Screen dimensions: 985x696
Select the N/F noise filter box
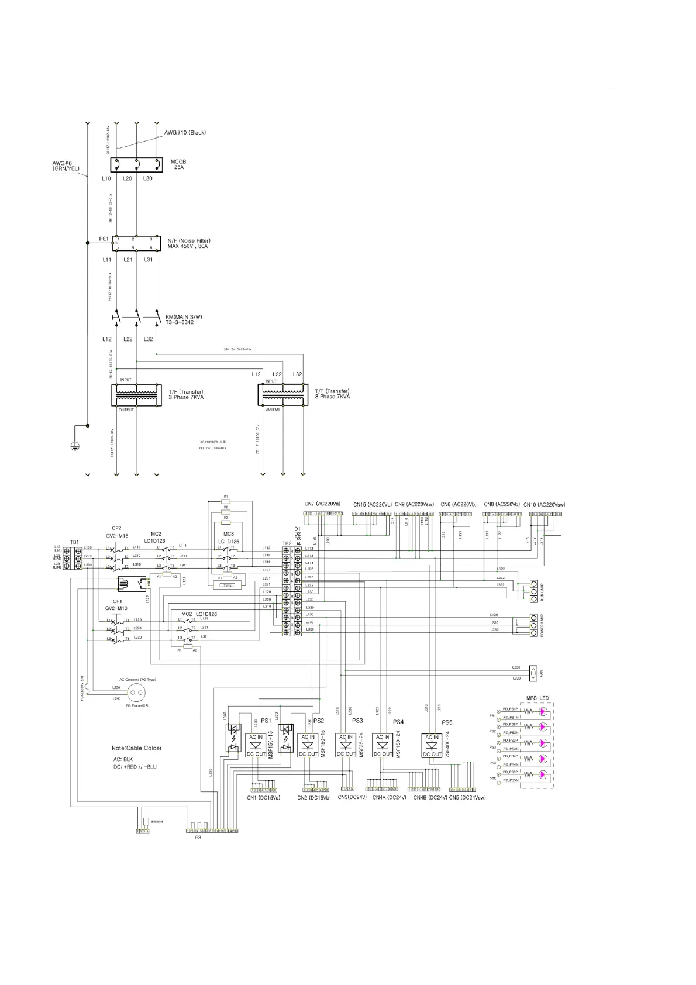point(136,243)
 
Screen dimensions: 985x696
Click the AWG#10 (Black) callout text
point(185,133)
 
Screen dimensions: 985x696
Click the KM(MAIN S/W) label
point(180,319)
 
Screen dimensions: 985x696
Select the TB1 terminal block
point(74,559)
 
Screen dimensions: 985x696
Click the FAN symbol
point(533,673)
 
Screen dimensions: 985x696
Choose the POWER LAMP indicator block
point(533,624)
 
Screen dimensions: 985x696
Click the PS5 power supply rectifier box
point(432,745)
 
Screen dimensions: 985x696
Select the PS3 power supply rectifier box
point(346,745)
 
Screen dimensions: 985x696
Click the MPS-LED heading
point(537,698)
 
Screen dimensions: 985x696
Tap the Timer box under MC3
point(229,584)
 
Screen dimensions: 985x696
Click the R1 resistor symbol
point(226,501)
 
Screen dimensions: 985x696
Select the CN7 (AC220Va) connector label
point(322,504)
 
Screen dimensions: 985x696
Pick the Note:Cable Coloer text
point(137,748)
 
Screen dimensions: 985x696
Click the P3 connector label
point(198,838)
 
